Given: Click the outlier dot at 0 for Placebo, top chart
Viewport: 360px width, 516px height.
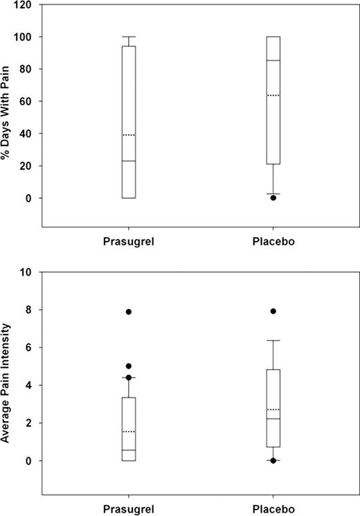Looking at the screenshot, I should click(273, 198).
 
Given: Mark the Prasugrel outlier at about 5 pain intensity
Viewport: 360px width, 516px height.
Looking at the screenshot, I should click(129, 366).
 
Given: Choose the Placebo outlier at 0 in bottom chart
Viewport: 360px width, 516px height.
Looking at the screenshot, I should click(273, 461).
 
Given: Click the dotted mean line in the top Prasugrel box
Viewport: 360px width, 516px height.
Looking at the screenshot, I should click(129, 134).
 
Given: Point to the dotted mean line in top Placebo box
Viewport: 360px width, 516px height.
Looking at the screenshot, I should click(273, 95).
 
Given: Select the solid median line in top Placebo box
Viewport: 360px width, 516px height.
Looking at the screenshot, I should click(273, 60).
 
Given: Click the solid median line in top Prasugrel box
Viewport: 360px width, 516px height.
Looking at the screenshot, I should click(129, 161).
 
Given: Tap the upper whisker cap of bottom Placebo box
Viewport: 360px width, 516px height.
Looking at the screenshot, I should click(273, 340).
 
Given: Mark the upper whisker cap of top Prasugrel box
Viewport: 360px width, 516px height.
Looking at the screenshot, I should click(129, 36).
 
